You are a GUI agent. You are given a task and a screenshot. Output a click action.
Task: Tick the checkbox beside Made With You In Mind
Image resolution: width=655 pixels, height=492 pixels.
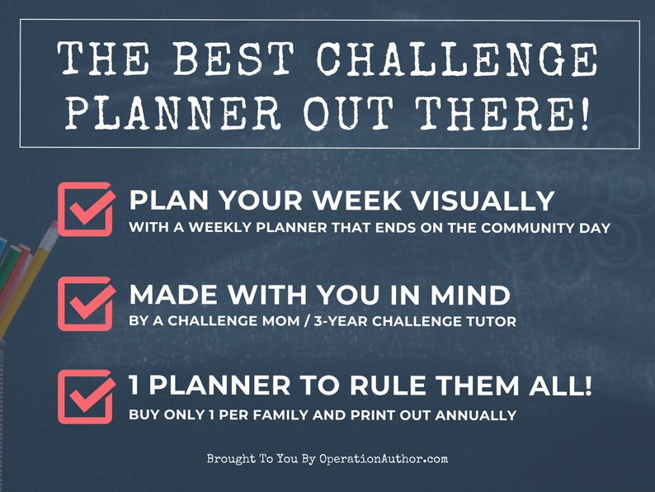point(85,303)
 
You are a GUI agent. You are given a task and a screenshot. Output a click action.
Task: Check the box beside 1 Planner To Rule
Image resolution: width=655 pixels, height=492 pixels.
point(85,396)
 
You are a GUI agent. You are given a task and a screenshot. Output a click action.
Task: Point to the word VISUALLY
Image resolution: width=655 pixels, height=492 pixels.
point(486,201)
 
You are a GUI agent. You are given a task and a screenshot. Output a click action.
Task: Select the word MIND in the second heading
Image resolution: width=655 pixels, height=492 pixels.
point(464,295)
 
